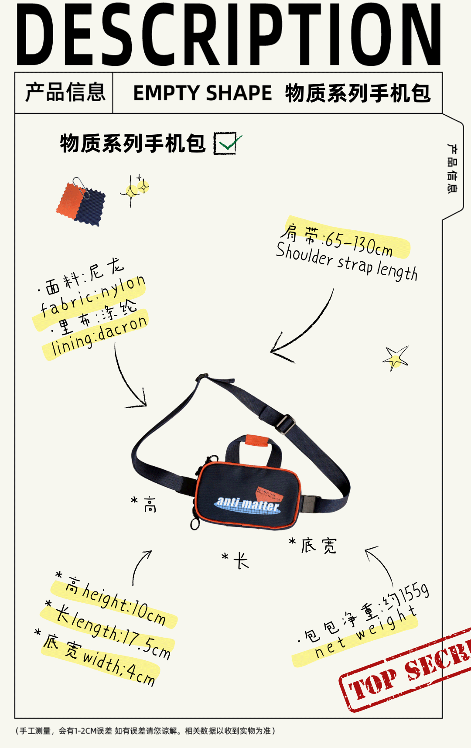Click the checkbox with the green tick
tap(225, 143)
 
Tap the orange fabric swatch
tap(70, 200)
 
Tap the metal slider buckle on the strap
tap(285, 424)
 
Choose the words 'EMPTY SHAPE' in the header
tap(202, 93)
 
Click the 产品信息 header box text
tap(65, 92)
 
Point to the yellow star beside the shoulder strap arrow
tap(396, 358)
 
